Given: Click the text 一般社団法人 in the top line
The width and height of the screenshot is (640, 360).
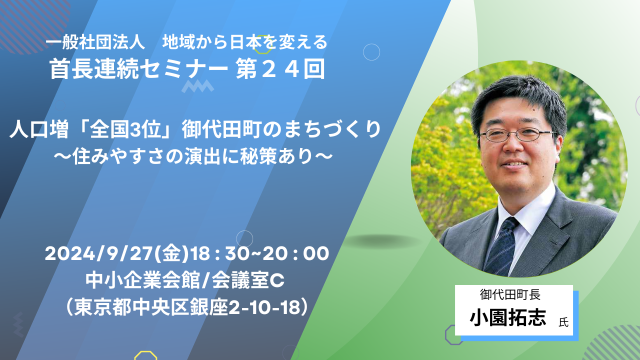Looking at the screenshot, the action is tap(95, 42).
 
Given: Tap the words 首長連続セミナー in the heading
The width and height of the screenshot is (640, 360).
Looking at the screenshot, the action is tap(138, 68).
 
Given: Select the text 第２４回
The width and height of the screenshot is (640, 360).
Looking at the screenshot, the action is tap(280, 68).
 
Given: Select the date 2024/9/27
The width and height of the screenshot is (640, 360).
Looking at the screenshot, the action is tap(99, 253).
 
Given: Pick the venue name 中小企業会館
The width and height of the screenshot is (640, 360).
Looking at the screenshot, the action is tap(142, 280).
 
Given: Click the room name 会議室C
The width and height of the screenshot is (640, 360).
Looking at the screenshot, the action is tap(248, 280).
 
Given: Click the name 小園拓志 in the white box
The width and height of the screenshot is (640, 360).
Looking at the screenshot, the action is tap(508, 317).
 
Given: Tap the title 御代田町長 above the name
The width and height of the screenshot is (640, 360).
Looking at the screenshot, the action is tap(510, 294).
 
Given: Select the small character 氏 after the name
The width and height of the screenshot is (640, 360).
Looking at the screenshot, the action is tap(563, 322).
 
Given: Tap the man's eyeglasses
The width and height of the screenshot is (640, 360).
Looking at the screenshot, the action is tap(517, 134).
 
